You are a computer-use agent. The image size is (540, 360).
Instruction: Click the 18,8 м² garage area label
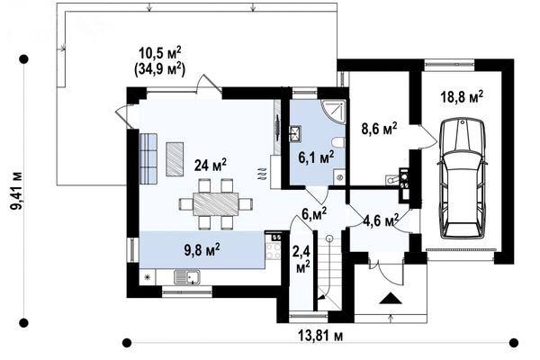pos(462,97)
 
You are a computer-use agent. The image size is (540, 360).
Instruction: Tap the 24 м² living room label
pos(211,165)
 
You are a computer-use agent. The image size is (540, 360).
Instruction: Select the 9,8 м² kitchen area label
pos(202,250)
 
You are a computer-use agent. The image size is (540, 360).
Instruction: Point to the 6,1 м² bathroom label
pos(316,157)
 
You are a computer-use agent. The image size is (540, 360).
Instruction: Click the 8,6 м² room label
pos(379,129)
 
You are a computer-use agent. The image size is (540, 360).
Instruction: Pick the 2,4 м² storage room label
pos(301,258)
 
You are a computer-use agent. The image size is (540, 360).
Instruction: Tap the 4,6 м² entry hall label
pos(382,220)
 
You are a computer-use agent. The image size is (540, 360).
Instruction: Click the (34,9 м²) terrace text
pos(159,68)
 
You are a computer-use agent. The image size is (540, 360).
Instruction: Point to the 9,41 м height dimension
pos(16,191)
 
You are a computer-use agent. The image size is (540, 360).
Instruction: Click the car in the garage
pos(463,178)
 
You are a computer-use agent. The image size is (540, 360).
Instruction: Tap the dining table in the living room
pos(216,204)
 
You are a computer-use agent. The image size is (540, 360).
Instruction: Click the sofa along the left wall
pos(148,158)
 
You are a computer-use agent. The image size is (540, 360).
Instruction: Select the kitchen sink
pos(187,277)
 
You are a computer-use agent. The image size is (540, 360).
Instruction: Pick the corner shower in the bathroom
pos(333,112)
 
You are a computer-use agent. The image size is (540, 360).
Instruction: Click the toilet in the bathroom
pos(337,142)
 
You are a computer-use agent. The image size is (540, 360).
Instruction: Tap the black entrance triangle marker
pos(391,298)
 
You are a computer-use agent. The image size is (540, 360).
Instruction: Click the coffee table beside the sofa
pos(175,159)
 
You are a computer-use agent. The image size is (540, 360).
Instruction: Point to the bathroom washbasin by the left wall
pos(295,134)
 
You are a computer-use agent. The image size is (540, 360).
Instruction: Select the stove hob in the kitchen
pos(274,251)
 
